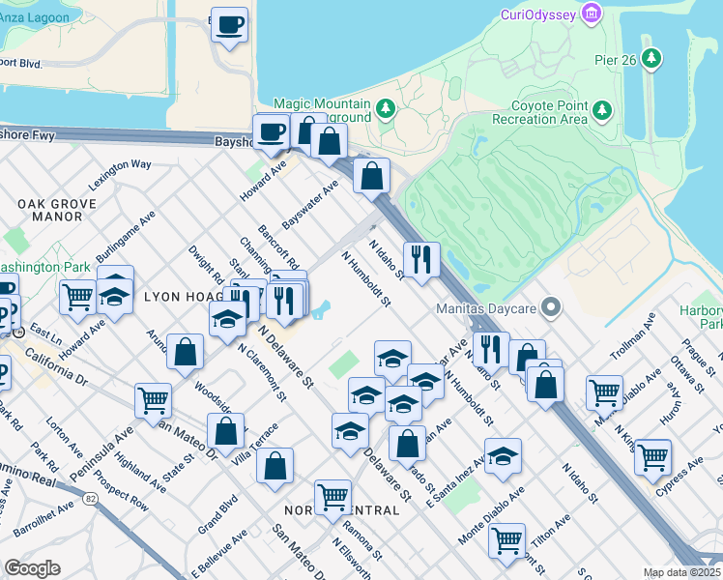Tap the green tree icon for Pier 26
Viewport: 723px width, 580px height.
[652, 58]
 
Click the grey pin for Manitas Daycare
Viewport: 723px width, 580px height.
[551, 308]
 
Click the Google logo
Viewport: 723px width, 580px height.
[33, 567]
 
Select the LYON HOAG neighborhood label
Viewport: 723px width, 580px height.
[184, 296]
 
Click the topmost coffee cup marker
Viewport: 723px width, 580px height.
[229, 25]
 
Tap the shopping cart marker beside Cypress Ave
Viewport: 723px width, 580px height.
[653, 456]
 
